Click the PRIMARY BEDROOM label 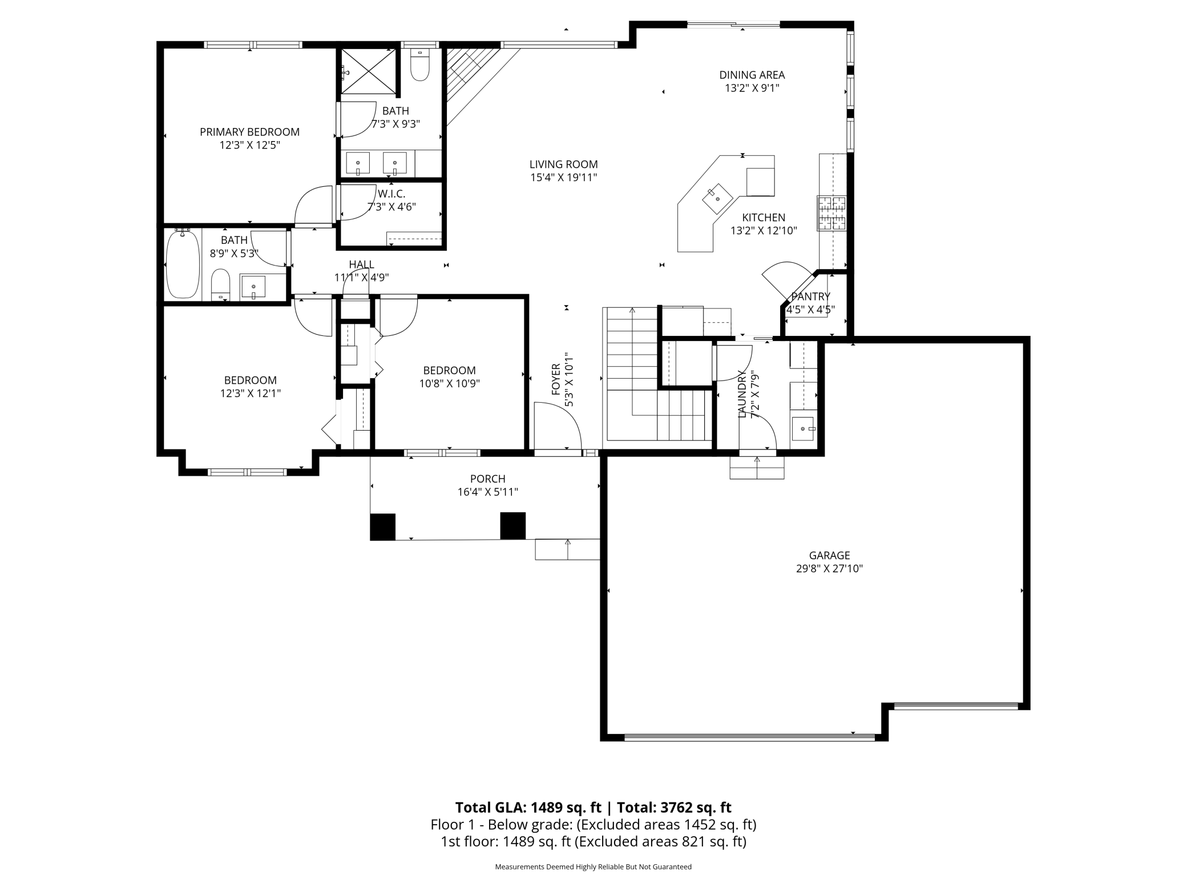pyautogui.click(x=249, y=132)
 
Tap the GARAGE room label pyautogui.click(x=829, y=555)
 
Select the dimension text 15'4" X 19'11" pyautogui.click(x=563, y=178)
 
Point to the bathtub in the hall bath pyautogui.click(x=183, y=263)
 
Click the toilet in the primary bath pyautogui.click(x=420, y=66)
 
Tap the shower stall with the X pyautogui.click(x=369, y=71)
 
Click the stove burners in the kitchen pyautogui.click(x=831, y=213)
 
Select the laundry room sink pyautogui.click(x=804, y=428)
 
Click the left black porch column pyautogui.click(x=383, y=527)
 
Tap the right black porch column pyautogui.click(x=513, y=526)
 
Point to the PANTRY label pyautogui.click(x=810, y=297)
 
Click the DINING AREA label pyautogui.click(x=752, y=75)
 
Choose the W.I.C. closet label pyautogui.click(x=391, y=194)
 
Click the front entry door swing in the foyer pyautogui.click(x=558, y=426)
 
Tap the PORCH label pyautogui.click(x=488, y=479)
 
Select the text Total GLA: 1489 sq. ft pyautogui.click(x=528, y=807)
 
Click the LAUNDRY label pyautogui.click(x=742, y=394)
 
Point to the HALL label pyautogui.click(x=362, y=264)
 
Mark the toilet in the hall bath pyautogui.click(x=220, y=284)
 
